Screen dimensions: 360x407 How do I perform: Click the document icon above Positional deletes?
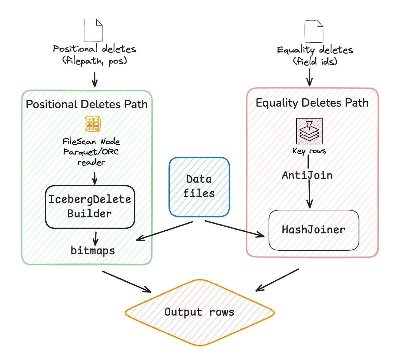click(93, 30)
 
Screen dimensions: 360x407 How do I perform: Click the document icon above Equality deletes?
click(314, 31)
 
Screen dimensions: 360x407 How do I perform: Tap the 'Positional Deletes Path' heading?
click(87, 104)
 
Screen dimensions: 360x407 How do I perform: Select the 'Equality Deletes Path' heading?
click(312, 103)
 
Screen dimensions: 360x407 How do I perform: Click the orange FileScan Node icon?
click(93, 124)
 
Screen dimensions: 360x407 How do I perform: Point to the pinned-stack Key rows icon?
click(309, 131)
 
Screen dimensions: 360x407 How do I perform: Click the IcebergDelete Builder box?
click(90, 207)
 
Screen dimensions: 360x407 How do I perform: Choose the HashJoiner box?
click(314, 230)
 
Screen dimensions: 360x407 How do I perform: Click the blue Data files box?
click(199, 187)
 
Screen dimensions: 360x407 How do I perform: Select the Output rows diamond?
click(200, 312)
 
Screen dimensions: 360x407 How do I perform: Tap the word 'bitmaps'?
click(93, 250)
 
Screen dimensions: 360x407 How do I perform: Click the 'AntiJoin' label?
click(307, 175)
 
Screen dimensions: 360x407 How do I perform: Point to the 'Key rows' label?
click(309, 151)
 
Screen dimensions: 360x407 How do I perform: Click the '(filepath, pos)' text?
click(95, 61)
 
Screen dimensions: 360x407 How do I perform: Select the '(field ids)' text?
click(315, 61)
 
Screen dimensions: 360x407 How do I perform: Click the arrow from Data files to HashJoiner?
click(235, 229)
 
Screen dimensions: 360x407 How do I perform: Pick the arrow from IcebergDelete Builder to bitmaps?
click(95, 238)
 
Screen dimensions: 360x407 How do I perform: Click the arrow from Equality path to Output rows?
click(277, 280)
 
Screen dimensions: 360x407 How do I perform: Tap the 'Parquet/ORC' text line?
click(91, 152)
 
